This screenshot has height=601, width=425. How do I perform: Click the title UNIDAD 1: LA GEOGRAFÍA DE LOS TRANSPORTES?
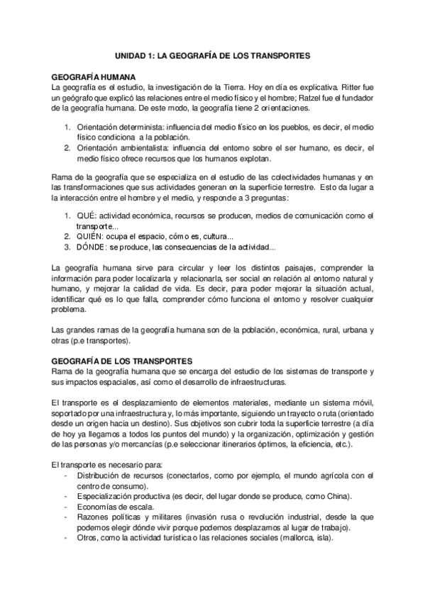[213, 54]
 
